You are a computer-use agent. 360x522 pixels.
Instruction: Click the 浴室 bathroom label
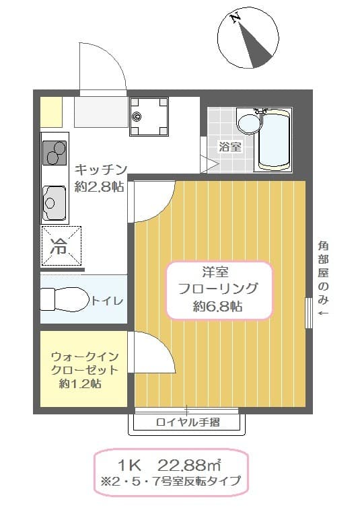click(230, 146)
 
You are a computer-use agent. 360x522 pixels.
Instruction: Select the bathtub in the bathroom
click(275, 139)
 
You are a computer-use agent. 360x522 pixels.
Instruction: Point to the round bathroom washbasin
click(248, 124)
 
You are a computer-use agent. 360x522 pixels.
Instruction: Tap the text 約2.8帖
click(99, 187)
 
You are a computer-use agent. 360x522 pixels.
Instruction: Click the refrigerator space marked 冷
click(61, 247)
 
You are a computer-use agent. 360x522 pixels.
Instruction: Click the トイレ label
click(107, 301)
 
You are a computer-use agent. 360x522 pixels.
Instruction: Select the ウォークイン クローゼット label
click(84, 363)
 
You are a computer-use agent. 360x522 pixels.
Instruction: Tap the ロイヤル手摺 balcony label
click(188, 422)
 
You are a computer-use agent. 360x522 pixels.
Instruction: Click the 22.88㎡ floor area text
click(190, 465)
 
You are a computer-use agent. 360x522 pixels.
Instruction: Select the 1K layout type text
click(131, 465)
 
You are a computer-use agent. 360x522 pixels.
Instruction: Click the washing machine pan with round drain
click(148, 116)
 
